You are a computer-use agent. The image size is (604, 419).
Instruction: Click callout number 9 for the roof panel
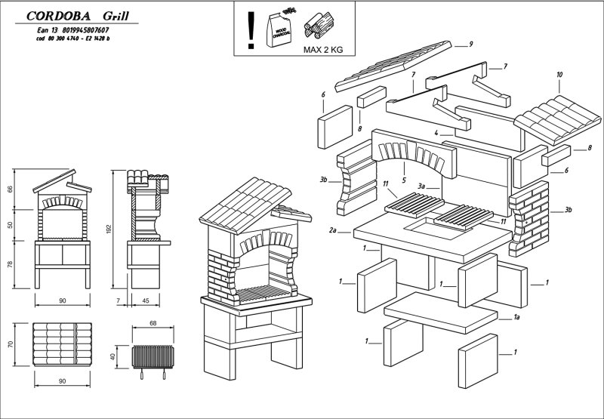point(470,45)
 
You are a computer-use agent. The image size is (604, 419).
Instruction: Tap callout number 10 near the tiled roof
point(559,75)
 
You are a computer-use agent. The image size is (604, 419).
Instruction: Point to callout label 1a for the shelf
point(516,319)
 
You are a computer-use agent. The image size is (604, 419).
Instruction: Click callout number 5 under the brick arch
point(404,180)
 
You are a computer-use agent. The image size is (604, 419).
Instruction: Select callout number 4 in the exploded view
point(436,133)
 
